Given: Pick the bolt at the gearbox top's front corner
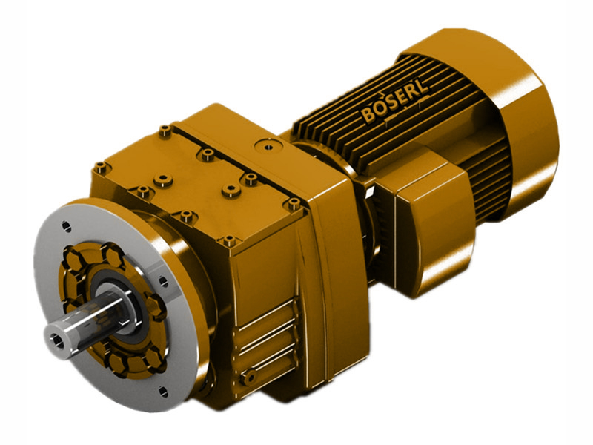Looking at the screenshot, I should [229, 240].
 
